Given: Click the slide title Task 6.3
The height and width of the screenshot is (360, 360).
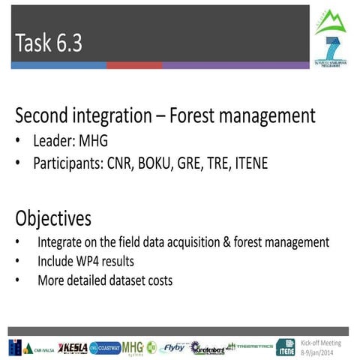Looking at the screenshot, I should (48, 43).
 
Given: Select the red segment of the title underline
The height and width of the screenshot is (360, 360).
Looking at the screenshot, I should (134, 66).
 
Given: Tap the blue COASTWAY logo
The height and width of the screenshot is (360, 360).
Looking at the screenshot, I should (105, 347).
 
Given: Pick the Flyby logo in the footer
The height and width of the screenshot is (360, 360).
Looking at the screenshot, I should (174, 347).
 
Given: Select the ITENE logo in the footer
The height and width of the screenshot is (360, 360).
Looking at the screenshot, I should (286, 347).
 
